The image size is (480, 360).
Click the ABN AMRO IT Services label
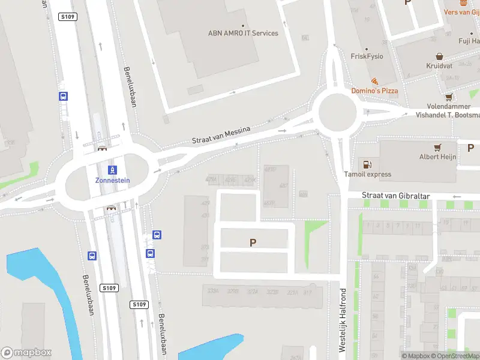click(243, 33)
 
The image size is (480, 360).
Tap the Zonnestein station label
click(112, 180)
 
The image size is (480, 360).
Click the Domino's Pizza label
click(374, 91)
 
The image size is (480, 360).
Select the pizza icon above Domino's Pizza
click(374, 81)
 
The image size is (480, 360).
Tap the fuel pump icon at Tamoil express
click(365, 164)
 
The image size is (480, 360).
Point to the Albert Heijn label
click(437, 157)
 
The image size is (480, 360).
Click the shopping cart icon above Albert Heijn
click(438, 147)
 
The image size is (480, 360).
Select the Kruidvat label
click(439, 65)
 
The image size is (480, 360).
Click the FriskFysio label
click(367, 56)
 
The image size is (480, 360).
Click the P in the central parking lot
click(253, 242)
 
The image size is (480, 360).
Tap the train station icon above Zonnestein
click(112, 170)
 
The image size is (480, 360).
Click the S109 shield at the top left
click(67, 17)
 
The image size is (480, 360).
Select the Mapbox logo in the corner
click(26, 353)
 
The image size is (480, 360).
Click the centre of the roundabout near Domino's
click(338, 112)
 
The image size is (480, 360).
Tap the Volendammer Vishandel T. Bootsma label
click(449, 110)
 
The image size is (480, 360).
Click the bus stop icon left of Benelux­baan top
click(63, 96)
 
